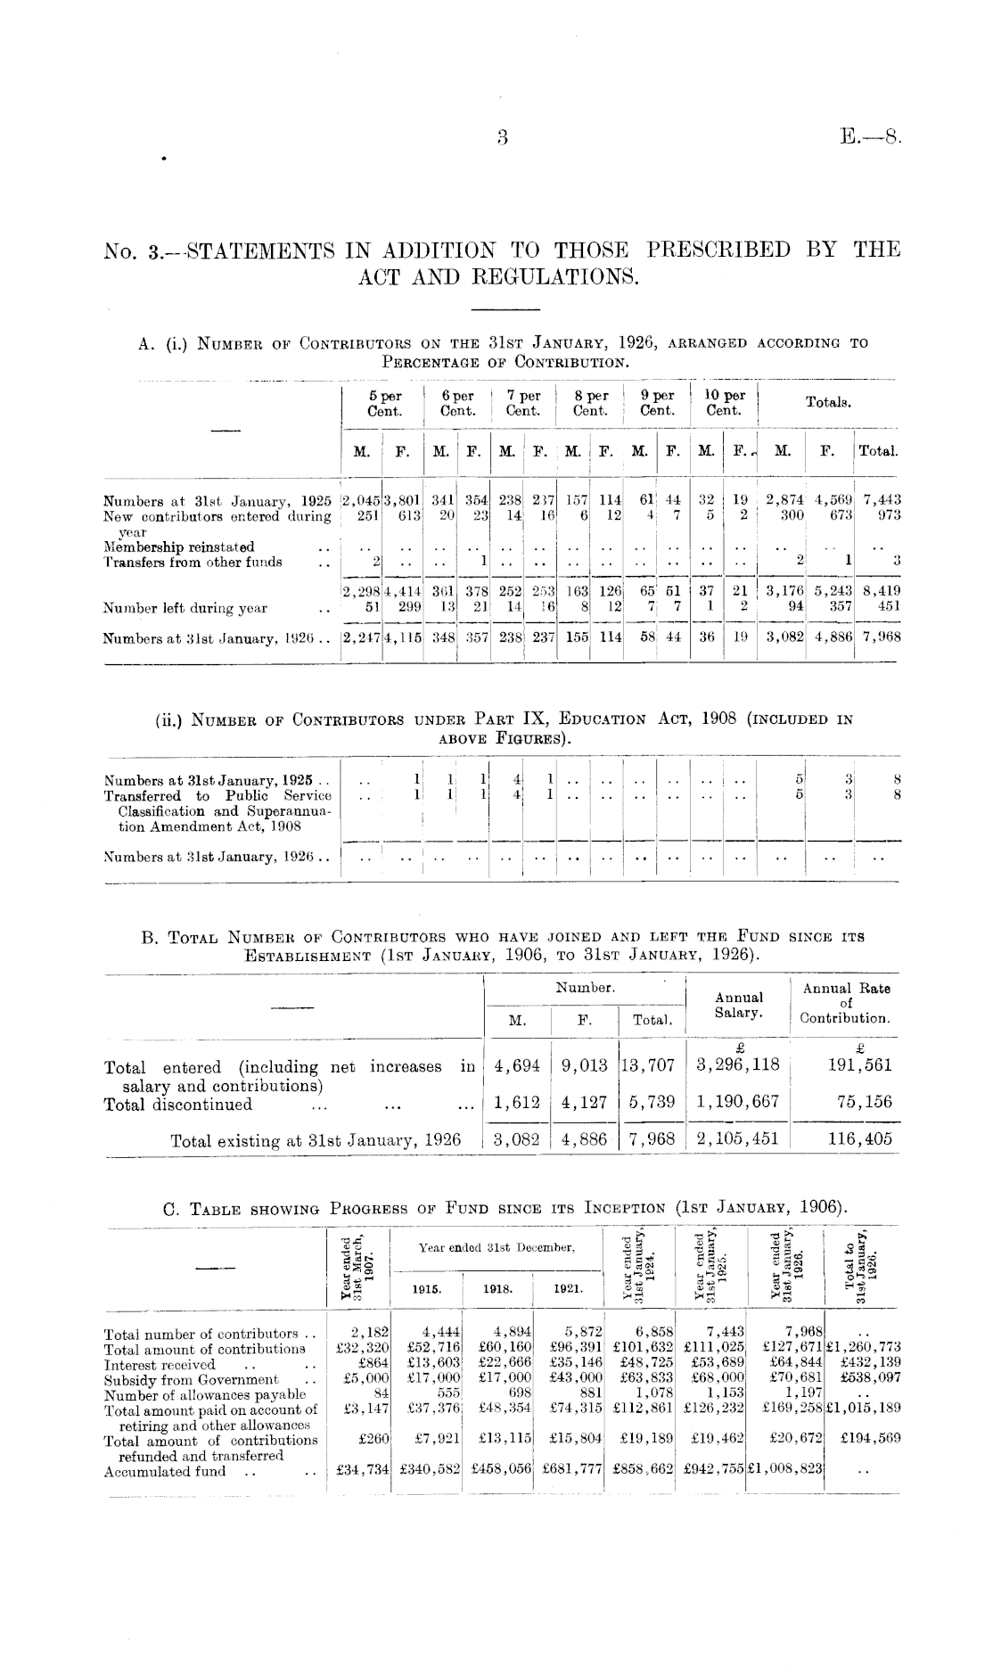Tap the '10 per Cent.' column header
pyautogui.click(x=724, y=403)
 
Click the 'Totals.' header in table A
pyautogui.click(x=828, y=403)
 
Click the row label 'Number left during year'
pyautogui.click(x=185, y=609)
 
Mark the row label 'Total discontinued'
pyautogui.click(x=178, y=1105)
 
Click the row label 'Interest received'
pyautogui.click(x=160, y=1365)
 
